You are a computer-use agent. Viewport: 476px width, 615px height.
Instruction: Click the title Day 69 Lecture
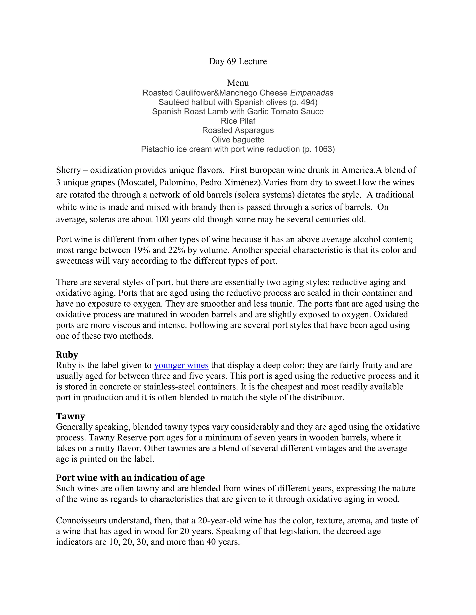(x=238, y=61)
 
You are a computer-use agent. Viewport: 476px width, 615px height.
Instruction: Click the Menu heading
(x=238, y=83)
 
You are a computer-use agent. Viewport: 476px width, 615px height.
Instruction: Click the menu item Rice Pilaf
(x=238, y=121)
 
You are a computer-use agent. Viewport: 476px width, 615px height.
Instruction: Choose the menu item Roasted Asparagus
(x=238, y=130)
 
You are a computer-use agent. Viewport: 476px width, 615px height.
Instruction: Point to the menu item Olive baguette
(x=238, y=140)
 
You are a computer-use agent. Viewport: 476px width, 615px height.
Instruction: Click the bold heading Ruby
(x=67, y=355)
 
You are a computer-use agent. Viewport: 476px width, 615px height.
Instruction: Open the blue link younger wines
(x=181, y=365)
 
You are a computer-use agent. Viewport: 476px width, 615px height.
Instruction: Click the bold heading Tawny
(x=70, y=416)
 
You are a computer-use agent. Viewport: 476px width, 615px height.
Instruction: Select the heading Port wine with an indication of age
(x=130, y=478)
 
